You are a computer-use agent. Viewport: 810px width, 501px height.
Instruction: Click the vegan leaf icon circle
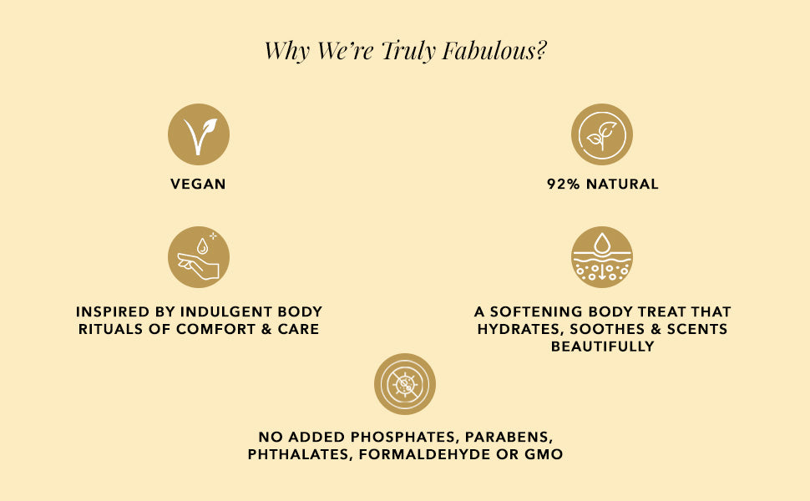click(199, 134)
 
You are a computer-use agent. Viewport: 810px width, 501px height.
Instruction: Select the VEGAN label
click(198, 184)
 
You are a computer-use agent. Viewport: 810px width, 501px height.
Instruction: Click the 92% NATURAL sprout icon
click(602, 134)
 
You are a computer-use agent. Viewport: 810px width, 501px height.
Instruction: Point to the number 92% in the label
click(564, 184)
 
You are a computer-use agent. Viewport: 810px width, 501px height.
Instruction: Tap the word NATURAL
click(622, 184)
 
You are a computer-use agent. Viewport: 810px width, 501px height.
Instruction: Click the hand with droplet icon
click(199, 256)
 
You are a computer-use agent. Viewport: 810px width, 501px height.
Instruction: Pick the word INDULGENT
click(225, 312)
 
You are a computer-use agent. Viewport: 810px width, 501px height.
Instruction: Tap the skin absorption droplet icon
click(602, 256)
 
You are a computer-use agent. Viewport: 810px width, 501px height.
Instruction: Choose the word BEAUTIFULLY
click(602, 346)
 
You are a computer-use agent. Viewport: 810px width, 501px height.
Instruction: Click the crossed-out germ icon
click(405, 384)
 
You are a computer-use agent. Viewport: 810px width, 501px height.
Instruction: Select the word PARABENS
click(509, 437)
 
